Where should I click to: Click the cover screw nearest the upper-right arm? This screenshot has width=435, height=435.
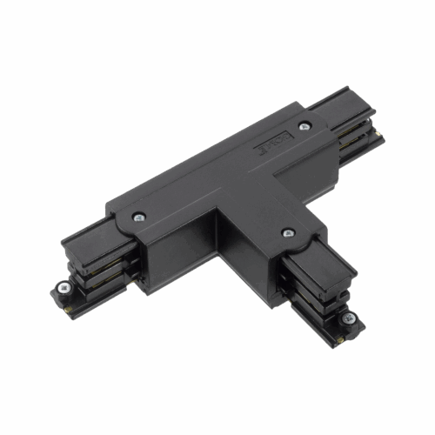point(303,127)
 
